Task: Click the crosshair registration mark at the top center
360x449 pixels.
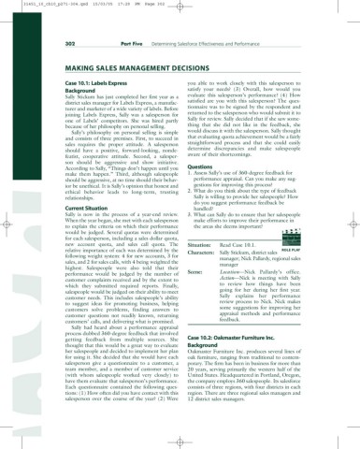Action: pyautogui.click(x=180, y=11)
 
